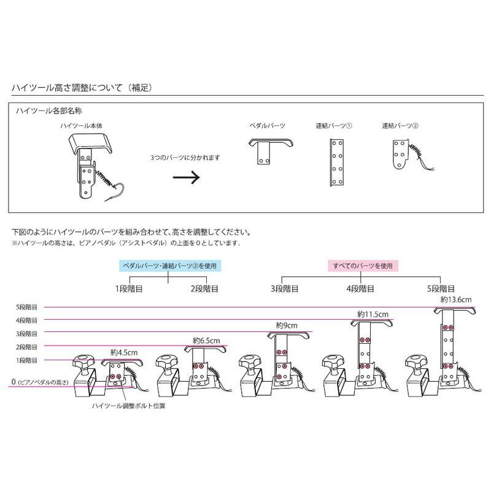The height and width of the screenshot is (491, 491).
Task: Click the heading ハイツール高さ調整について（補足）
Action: coord(82,88)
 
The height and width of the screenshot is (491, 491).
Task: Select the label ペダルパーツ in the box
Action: coord(267,125)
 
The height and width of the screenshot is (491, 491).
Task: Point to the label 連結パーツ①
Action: coord(333,125)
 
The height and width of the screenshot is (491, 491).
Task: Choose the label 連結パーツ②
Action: coord(400,125)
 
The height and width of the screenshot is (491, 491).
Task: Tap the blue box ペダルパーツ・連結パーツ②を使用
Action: coord(169,266)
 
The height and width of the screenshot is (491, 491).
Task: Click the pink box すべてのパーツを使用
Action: coord(363,266)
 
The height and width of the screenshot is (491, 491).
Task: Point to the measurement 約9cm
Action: coord(286,326)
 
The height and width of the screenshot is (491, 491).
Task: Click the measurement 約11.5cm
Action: coord(373,314)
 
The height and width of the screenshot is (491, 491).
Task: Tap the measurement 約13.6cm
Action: coord(457,300)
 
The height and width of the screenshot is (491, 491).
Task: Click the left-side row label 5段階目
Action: coord(26,306)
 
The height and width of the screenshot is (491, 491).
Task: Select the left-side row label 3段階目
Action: coord(26,333)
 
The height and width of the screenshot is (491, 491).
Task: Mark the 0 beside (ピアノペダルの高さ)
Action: coord(13,382)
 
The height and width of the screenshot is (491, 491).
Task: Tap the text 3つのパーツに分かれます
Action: coord(185,158)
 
